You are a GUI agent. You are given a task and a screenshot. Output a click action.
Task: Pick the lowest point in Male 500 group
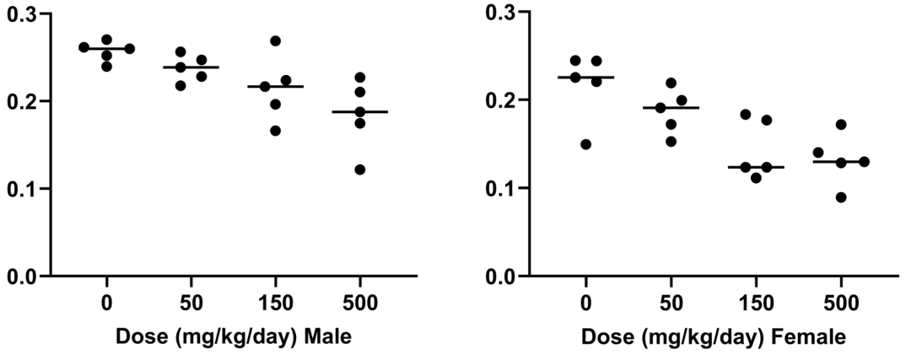[360, 169]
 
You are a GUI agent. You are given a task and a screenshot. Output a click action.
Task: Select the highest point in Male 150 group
[275, 41]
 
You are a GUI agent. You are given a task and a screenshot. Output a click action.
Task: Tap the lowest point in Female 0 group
[585, 144]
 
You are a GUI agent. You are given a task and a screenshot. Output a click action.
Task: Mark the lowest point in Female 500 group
[841, 197]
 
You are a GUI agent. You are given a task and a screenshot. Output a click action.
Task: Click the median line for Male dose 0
[106, 49]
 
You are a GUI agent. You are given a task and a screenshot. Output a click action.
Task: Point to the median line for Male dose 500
[360, 111]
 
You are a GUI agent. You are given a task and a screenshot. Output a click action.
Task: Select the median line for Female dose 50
[671, 108]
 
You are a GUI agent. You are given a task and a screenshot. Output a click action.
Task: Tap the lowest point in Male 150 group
[275, 131]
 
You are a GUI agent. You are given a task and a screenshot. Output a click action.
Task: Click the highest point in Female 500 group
[841, 125]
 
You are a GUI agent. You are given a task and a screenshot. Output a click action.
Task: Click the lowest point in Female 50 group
[671, 141]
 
